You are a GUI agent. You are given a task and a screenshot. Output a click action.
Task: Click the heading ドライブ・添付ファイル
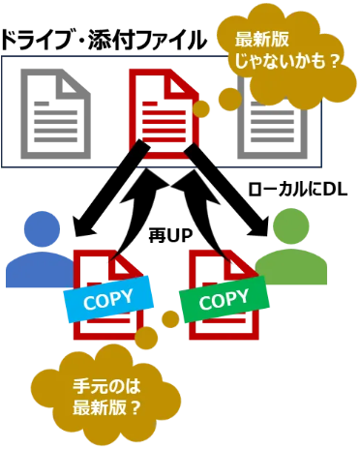[x=104, y=41]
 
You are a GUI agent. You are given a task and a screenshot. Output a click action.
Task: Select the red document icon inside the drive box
[x=164, y=113]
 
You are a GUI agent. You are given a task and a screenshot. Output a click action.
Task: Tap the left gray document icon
[x=55, y=113]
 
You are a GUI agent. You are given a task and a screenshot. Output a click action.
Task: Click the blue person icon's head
[x=42, y=228]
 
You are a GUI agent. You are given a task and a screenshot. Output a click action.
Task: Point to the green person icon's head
[x=290, y=226]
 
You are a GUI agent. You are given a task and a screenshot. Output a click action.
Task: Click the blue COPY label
[x=108, y=299]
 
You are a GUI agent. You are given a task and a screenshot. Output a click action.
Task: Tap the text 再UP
[x=170, y=236]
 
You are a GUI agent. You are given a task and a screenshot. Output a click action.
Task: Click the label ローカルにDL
[x=297, y=190]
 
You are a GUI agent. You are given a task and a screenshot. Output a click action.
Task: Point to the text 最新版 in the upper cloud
[x=261, y=40]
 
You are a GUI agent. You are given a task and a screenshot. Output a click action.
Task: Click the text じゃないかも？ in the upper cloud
[x=287, y=61]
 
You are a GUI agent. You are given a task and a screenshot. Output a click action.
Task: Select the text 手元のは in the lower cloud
[x=106, y=386]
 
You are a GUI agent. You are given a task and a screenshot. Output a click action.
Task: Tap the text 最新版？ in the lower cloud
[x=106, y=407]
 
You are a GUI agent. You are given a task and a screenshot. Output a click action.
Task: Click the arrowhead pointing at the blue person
[x=84, y=225]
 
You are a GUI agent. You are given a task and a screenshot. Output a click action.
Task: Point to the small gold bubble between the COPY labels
[x=170, y=319]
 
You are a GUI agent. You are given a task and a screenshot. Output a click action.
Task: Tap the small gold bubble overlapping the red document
[x=201, y=108]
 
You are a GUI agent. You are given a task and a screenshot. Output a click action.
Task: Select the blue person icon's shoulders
[x=40, y=270]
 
